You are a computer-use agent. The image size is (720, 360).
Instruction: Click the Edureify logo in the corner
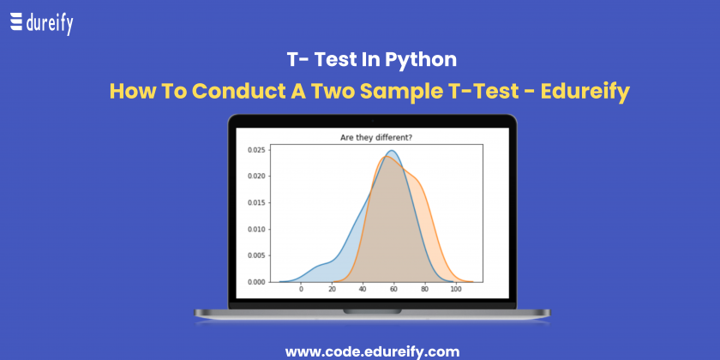(x=41, y=23)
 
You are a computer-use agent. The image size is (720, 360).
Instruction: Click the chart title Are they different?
(x=376, y=137)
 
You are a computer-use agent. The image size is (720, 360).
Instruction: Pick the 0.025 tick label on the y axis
(x=256, y=150)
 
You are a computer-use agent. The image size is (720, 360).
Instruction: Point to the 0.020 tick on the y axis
(x=256, y=176)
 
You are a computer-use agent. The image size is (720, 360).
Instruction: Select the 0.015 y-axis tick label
(x=256, y=202)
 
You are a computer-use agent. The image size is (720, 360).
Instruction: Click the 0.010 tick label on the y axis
(x=256, y=229)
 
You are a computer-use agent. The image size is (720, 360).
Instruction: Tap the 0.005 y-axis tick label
(x=256, y=255)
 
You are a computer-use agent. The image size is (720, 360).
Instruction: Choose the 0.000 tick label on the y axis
(x=256, y=282)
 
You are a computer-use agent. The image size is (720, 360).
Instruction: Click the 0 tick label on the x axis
(x=301, y=290)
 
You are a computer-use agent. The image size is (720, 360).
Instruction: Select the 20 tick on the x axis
(x=332, y=290)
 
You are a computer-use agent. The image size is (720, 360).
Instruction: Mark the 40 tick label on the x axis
(x=363, y=290)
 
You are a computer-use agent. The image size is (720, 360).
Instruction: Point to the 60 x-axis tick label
(x=394, y=290)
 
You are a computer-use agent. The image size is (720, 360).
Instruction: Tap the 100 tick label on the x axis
(x=456, y=290)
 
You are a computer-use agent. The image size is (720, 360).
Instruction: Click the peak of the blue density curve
(x=393, y=151)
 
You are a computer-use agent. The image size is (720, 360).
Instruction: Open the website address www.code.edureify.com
(x=372, y=351)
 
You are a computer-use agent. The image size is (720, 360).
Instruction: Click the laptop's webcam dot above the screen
(x=372, y=121)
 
